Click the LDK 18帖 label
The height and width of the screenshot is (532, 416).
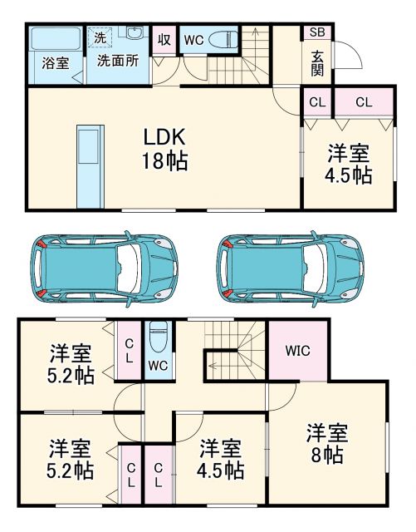pyautogui.click(x=164, y=149)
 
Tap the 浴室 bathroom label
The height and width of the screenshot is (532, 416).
pyautogui.click(x=56, y=63)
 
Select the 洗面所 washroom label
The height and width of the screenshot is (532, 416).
pyautogui.click(x=116, y=61)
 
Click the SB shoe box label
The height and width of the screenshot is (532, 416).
pyautogui.click(x=317, y=32)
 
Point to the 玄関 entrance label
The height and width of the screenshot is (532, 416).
pyautogui.click(x=317, y=62)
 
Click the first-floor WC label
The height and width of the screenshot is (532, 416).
pyautogui.click(x=193, y=39)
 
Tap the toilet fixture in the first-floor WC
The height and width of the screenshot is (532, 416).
pyautogui.click(x=223, y=39)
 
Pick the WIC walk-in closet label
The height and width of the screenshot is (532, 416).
pyautogui.click(x=297, y=350)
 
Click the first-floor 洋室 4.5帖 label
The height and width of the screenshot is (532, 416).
pyautogui.click(x=347, y=164)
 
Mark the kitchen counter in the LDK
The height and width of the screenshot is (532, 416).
pyautogui.click(x=88, y=166)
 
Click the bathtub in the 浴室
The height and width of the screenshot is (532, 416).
pyautogui.click(x=55, y=40)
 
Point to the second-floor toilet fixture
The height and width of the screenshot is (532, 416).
pyautogui.click(x=158, y=341)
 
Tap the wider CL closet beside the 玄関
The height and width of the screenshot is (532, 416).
pyautogui.click(x=364, y=102)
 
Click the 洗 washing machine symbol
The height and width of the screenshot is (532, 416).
pyautogui.click(x=100, y=37)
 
